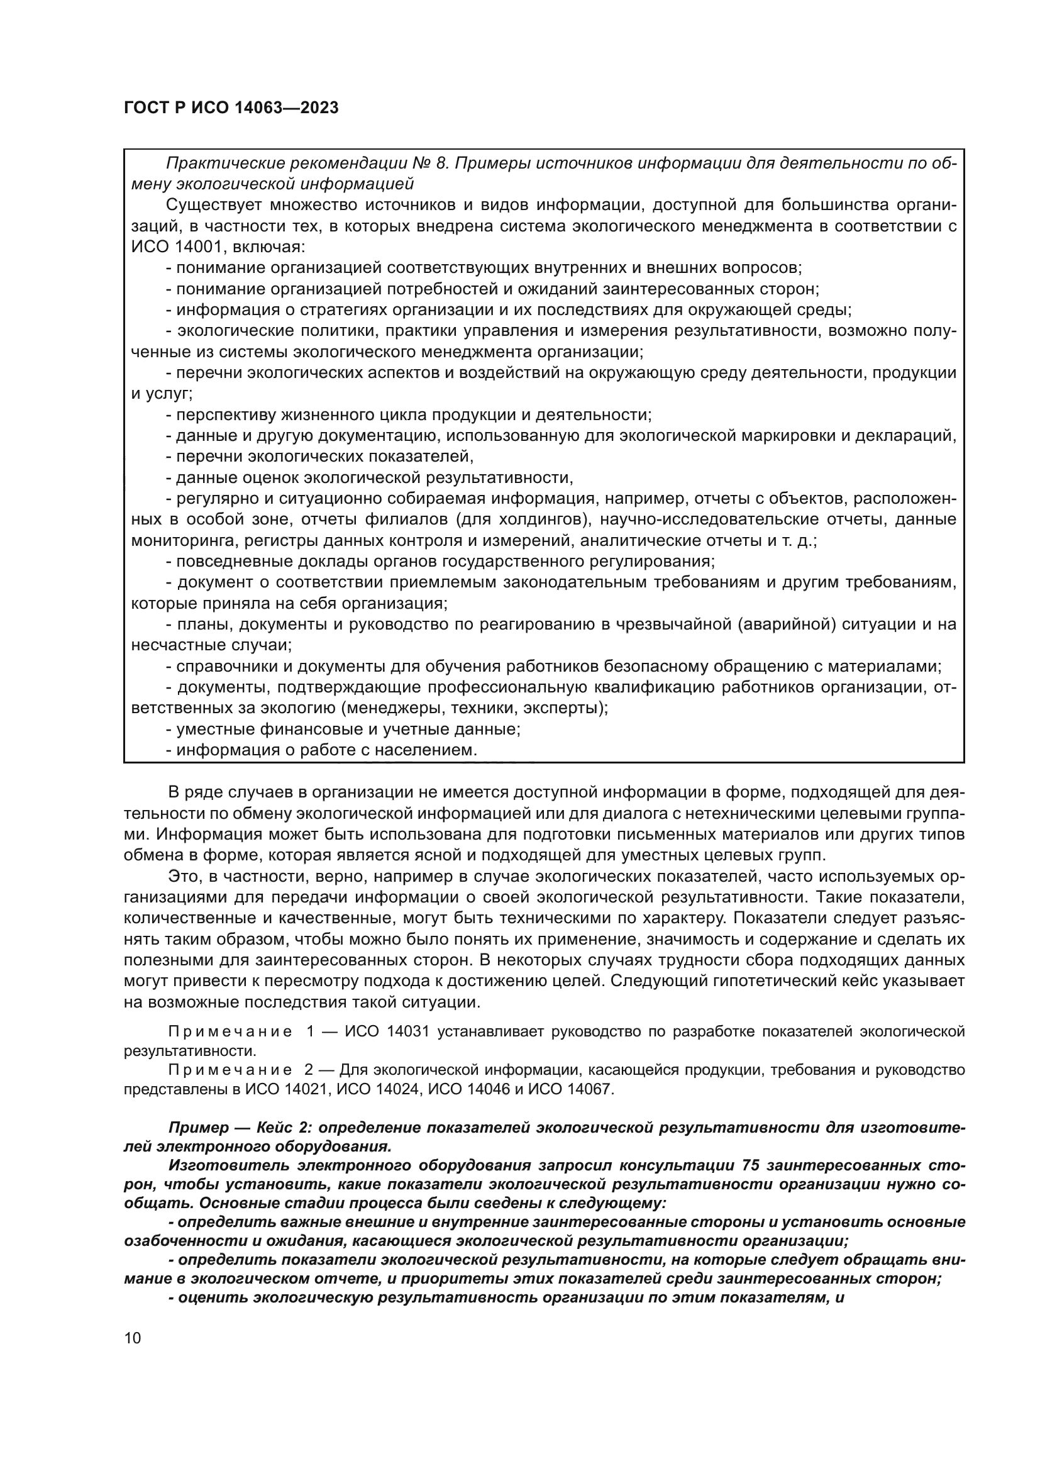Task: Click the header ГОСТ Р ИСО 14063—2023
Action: coord(231,108)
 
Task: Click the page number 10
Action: coord(133,1338)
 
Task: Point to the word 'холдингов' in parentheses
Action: coord(547,519)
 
